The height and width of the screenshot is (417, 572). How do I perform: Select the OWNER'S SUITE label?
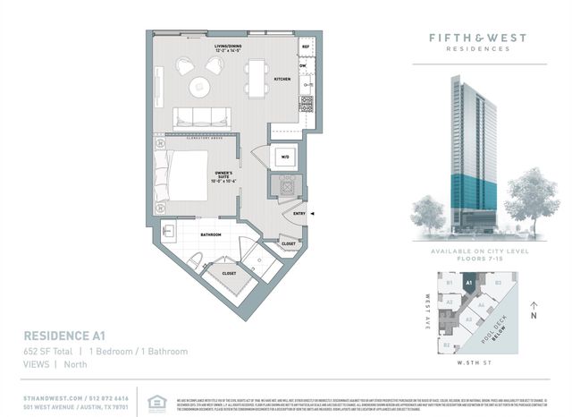(223, 177)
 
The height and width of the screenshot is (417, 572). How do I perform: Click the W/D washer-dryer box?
(286, 157)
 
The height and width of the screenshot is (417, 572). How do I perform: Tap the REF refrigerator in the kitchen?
(305, 45)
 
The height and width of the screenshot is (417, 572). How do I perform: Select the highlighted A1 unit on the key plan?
(468, 285)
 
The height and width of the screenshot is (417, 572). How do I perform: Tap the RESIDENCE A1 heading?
(63, 336)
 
